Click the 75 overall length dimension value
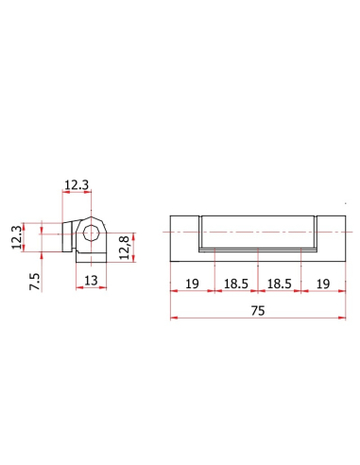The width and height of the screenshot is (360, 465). tap(258, 311)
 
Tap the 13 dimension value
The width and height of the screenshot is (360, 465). tap(91, 280)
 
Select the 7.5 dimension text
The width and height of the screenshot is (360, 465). tap(35, 282)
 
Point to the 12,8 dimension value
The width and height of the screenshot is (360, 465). tap(125, 248)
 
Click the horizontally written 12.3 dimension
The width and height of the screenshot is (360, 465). tap(77, 185)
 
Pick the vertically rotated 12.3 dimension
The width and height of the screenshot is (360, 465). tap(17, 237)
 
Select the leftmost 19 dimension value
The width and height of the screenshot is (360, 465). tap(192, 284)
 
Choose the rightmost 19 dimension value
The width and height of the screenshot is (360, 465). tap(323, 284)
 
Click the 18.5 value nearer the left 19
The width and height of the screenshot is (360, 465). tap(236, 284)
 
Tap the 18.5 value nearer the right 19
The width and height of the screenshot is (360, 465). tap(279, 284)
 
